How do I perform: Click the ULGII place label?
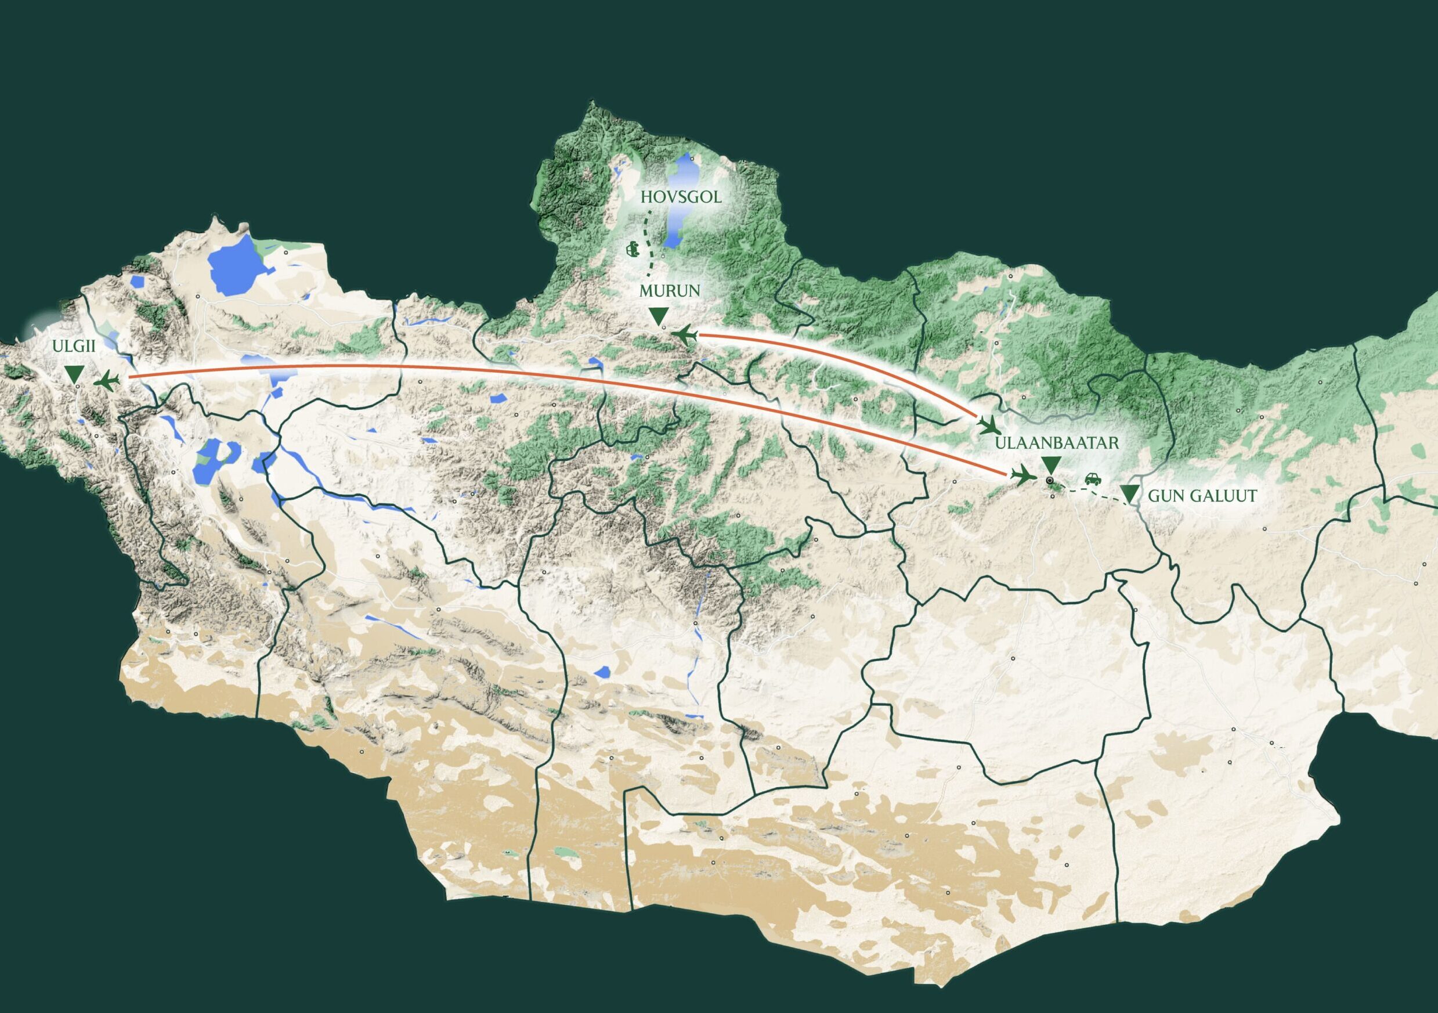pyautogui.click(x=74, y=347)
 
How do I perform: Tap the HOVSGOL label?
pyautogui.click(x=681, y=197)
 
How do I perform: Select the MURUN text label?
pyautogui.click(x=670, y=291)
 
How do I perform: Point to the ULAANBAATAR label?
pyautogui.click(x=1057, y=443)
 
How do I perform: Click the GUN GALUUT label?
pyautogui.click(x=1202, y=496)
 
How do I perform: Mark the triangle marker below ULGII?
pyautogui.click(x=74, y=374)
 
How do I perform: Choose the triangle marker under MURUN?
pyautogui.click(x=657, y=316)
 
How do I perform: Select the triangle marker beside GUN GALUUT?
pyautogui.click(x=1129, y=493)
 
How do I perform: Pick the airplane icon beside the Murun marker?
pyautogui.click(x=684, y=335)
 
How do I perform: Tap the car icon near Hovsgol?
pyautogui.click(x=633, y=250)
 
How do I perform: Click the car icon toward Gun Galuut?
pyautogui.click(x=1092, y=480)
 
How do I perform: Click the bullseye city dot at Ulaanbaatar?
pyautogui.click(x=1049, y=481)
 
